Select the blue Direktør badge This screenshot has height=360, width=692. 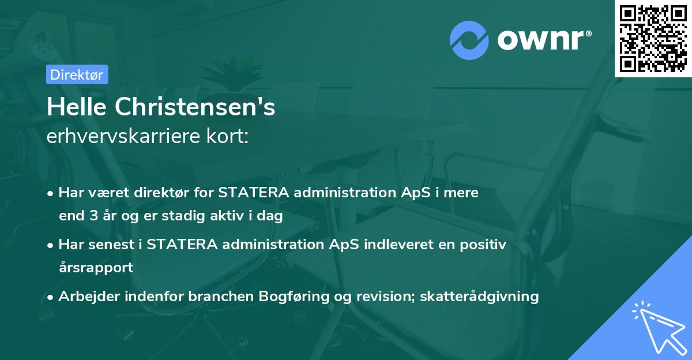(77, 74)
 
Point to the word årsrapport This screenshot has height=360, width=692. (96, 268)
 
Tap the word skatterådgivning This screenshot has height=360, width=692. (480, 297)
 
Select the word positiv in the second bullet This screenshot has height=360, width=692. (484, 245)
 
